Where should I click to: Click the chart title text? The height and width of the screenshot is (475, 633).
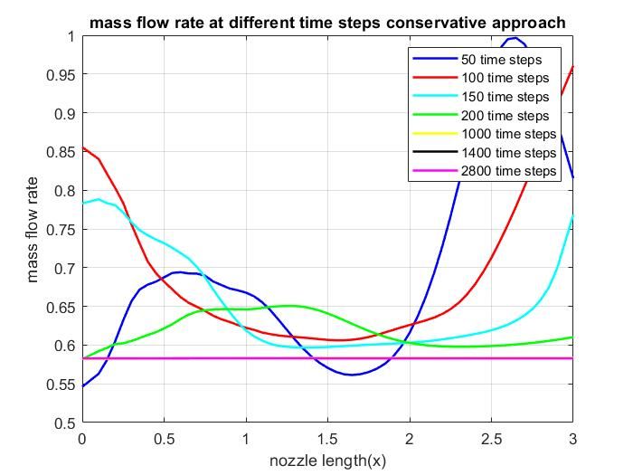pyautogui.click(x=327, y=22)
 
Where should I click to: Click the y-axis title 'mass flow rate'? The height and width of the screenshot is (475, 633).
pyautogui.click(x=33, y=230)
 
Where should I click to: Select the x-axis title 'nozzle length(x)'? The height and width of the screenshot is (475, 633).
pyautogui.click(x=327, y=461)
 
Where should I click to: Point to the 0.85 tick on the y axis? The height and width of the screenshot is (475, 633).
pyautogui.click(x=60, y=152)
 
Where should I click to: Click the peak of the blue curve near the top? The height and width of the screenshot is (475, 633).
pyautogui.click(x=514, y=38)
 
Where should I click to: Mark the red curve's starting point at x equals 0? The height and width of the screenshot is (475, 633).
pyautogui.click(x=83, y=147)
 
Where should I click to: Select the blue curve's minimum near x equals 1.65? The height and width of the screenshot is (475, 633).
pyautogui.click(x=353, y=375)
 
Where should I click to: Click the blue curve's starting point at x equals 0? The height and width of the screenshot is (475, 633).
pyautogui.click(x=83, y=386)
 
